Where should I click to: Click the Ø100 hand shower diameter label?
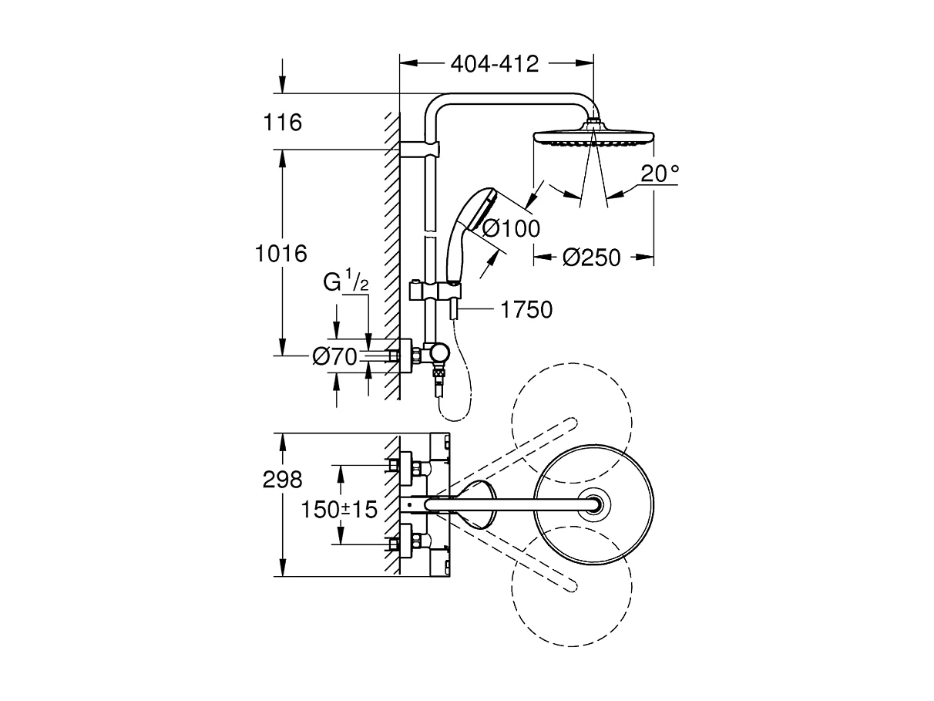point(511,227)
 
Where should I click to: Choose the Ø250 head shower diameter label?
point(591,258)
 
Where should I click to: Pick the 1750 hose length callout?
point(526,310)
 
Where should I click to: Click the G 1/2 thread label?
point(346,282)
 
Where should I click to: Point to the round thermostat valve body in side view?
point(439,354)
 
